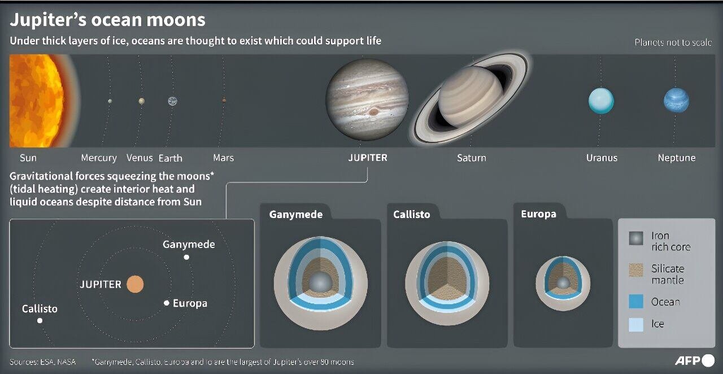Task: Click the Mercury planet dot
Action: coord(110,101)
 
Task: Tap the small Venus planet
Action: coord(141,101)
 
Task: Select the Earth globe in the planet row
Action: coord(172,101)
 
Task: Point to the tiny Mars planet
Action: coord(224,101)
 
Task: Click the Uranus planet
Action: coord(601,101)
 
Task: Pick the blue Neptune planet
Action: coord(676,100)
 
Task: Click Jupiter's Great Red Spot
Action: coord(373,111)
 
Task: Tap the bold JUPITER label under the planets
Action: coord(368,158)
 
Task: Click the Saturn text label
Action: coord(471,158)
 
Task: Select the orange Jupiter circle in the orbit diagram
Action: coord(135,284)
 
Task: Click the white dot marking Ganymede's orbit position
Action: coord(186,257)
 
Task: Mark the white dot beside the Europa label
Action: coord(167,303)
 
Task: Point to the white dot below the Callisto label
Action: coord(40,320)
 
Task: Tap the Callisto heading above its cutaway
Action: coord(412,214)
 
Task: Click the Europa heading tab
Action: coord(538,214)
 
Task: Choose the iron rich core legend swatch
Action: coord(636,238)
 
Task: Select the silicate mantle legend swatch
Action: coord(636,271)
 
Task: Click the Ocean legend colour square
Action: coord(636,302)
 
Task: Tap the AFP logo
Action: coord(694,360)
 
